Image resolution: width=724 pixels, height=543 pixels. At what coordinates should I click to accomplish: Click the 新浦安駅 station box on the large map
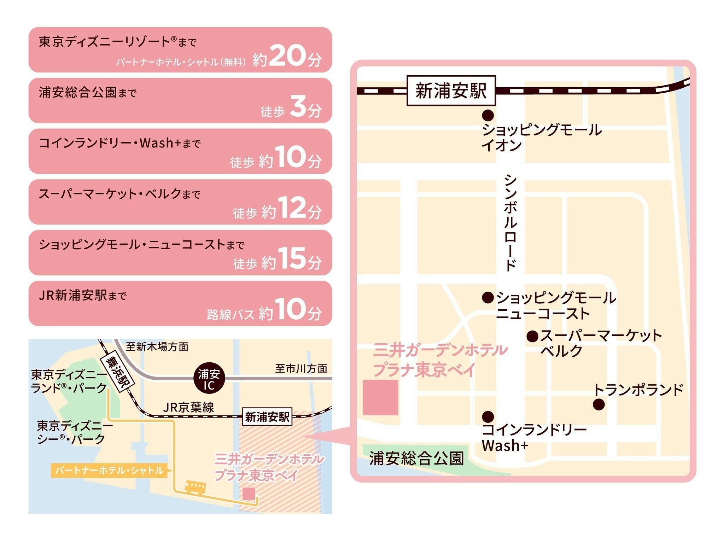(x=451, y=90)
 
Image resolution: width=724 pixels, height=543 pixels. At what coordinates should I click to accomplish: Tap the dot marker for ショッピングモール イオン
(x=488, y=115)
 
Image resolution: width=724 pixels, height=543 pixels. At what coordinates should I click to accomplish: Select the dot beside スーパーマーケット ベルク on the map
(x=532, y=336)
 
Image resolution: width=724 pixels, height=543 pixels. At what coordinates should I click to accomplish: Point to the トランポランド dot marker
(x=599, y=404)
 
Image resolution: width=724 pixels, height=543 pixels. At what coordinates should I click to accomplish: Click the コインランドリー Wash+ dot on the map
(x=488, y=416)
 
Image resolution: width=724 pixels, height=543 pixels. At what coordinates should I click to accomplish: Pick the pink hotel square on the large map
(x=380, y=397)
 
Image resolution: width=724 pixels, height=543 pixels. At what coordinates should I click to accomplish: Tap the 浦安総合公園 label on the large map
(x=416, y=459)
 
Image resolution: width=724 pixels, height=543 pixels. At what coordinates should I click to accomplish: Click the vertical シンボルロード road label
(x=510, y=223)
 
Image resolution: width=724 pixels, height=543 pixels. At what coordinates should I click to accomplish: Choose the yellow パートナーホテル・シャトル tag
(x=109, y=471)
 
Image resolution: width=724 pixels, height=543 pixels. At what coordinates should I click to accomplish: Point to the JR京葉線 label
(x=188, y=408)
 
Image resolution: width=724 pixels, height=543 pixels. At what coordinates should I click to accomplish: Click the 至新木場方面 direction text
(x=157, y=347)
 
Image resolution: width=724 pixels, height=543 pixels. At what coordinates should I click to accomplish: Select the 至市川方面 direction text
(x=301, y=369)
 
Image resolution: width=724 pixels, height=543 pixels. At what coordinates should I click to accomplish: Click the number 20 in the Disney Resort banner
(x=287, y=56)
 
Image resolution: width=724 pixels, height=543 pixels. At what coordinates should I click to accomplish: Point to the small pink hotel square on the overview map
(x=249, y=494)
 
